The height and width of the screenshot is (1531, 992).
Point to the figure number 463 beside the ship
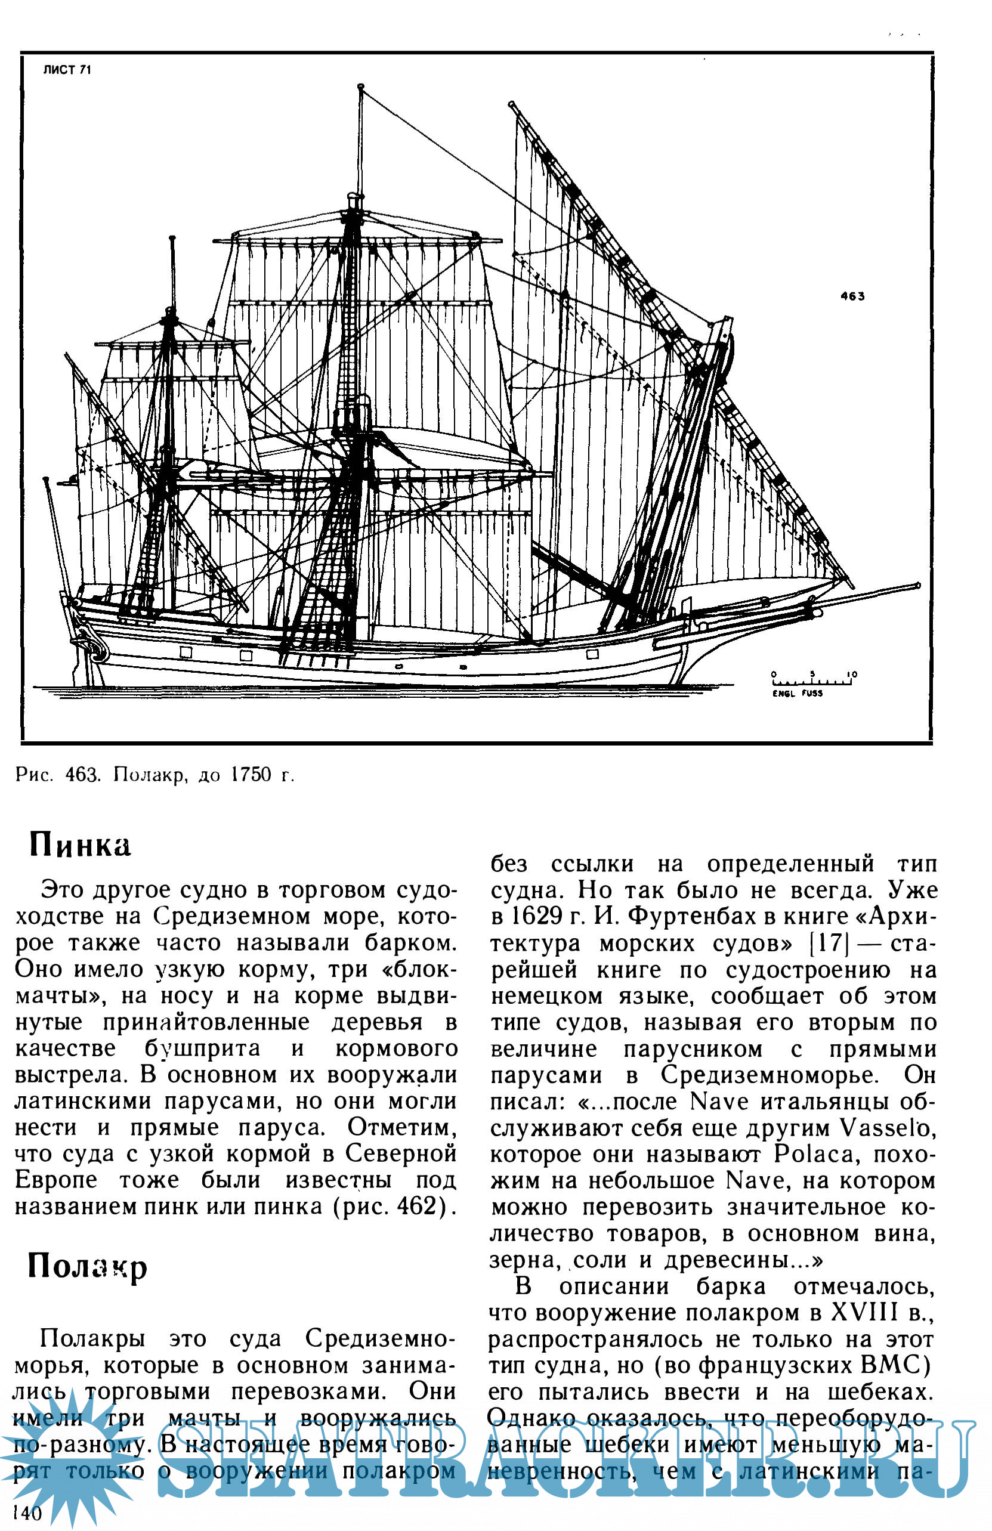tap(852, 296)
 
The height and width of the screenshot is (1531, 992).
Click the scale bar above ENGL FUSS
tap(813, 679)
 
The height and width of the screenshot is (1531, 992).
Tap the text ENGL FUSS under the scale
tap(798, 694)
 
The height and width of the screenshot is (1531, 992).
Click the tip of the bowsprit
tap(916, 586)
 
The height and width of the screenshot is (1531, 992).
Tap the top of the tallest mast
tap(360, 87)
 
